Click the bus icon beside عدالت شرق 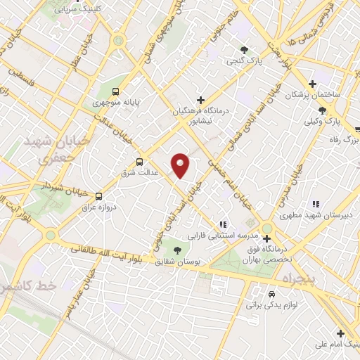139,160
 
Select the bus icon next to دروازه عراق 98,196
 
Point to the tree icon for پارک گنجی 243,50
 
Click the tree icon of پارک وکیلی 322,110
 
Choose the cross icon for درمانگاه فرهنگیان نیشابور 201,100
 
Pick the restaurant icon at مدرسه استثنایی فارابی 224,225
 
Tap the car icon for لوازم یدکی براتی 272,294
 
